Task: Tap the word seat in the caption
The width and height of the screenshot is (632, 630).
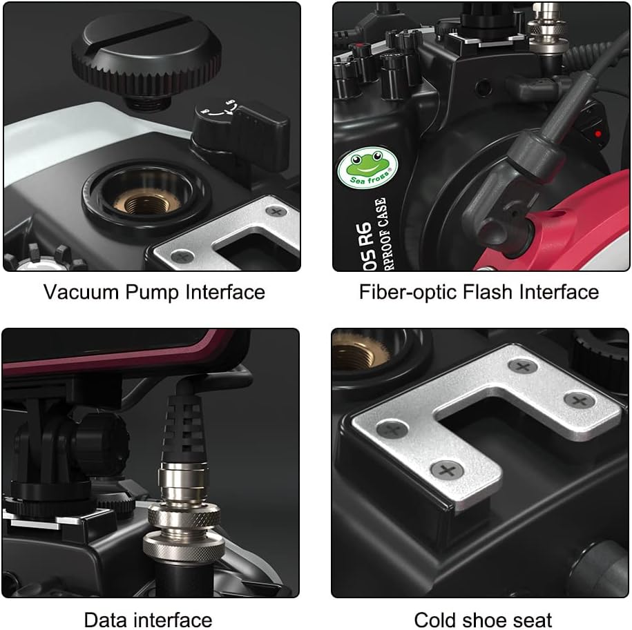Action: tap(530, 618)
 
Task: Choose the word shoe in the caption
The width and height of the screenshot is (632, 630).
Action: tap(486, 618)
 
